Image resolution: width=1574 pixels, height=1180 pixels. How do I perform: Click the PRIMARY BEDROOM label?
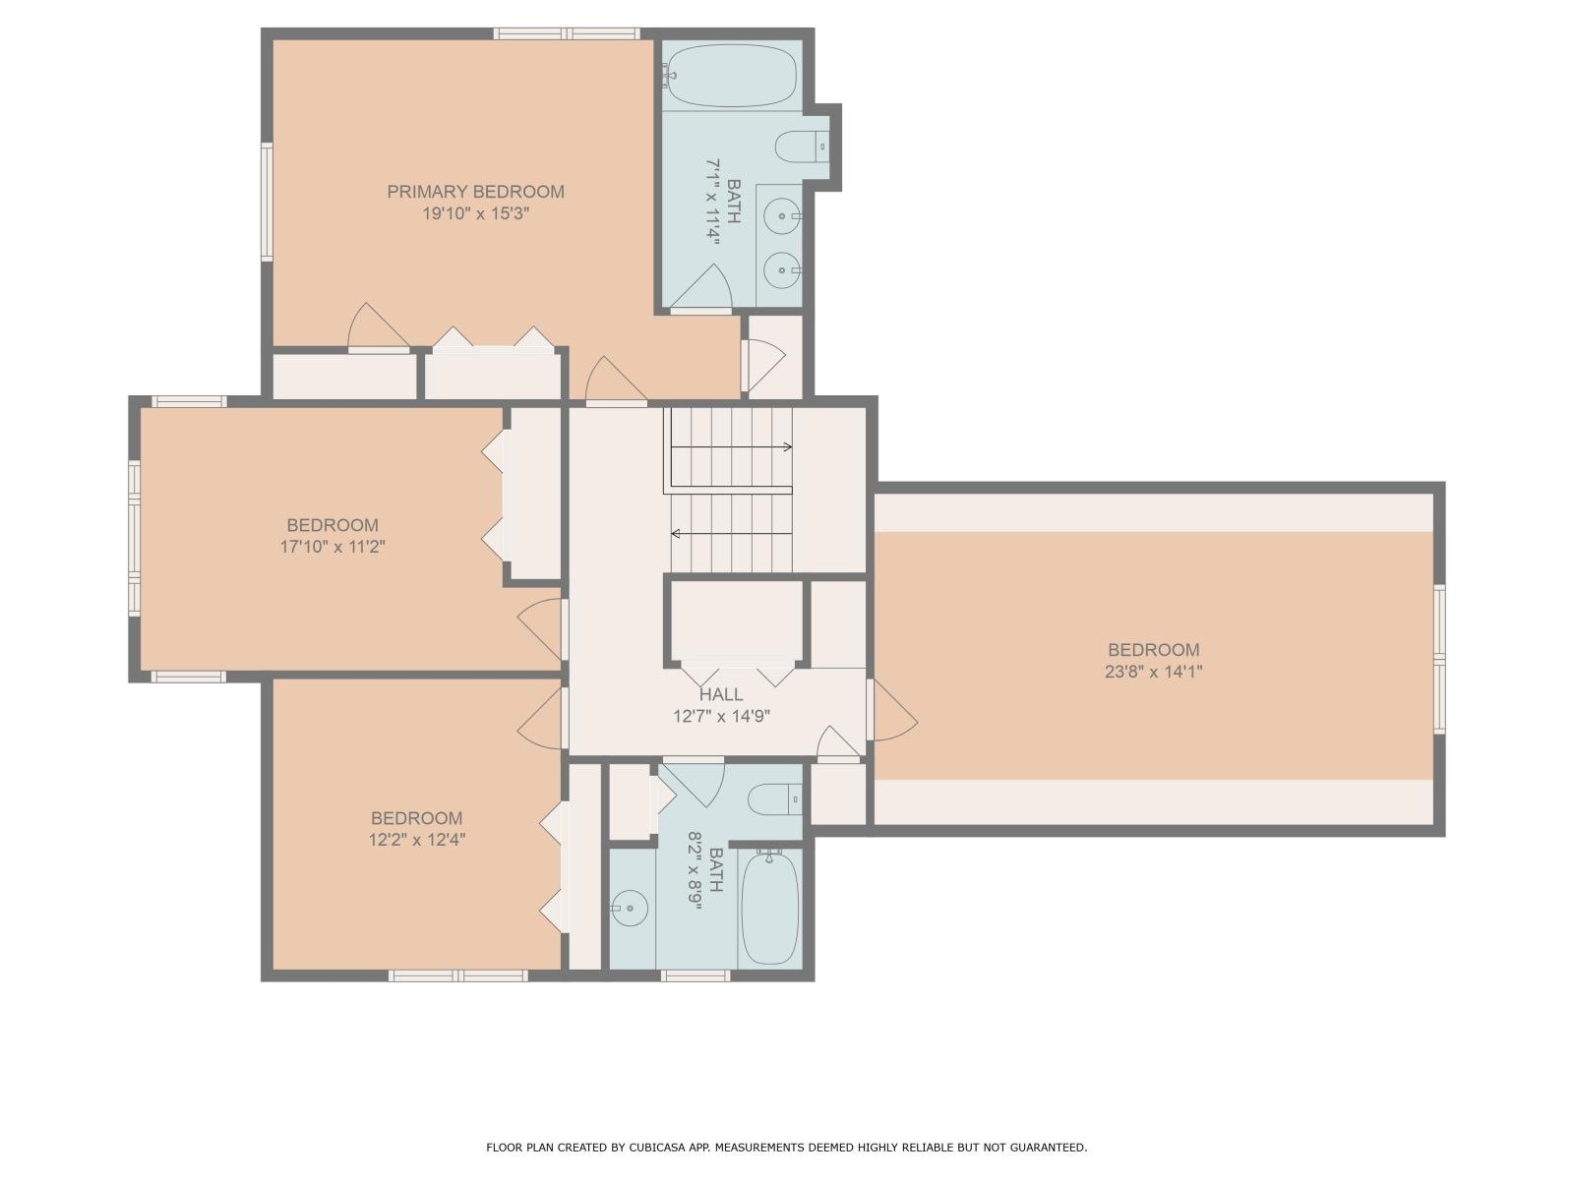coord(475,192)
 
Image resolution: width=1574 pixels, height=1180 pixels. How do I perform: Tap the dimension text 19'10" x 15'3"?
coord(476,213)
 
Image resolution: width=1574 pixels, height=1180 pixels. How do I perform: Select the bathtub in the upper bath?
coord(729,76)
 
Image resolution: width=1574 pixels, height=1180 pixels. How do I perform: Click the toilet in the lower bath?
coord(776,799)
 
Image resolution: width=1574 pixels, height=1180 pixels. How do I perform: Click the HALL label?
coord(721,694)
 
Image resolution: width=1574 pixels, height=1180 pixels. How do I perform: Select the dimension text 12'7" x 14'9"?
coord(721,716)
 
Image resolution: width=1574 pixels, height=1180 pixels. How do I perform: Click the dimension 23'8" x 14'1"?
coord(1153,672)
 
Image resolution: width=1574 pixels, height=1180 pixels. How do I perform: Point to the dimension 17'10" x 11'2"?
coord(333,547)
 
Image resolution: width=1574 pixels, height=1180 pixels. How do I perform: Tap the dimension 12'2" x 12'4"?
coord(416,840)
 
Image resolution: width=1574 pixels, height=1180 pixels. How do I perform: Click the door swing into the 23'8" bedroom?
coord(893,712)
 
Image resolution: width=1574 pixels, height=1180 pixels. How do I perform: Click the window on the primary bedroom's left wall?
coord(267,202)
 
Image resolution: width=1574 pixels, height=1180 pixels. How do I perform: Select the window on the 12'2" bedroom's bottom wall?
coord(458,975)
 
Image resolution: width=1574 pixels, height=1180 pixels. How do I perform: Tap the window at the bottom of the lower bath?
coord(695,975)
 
